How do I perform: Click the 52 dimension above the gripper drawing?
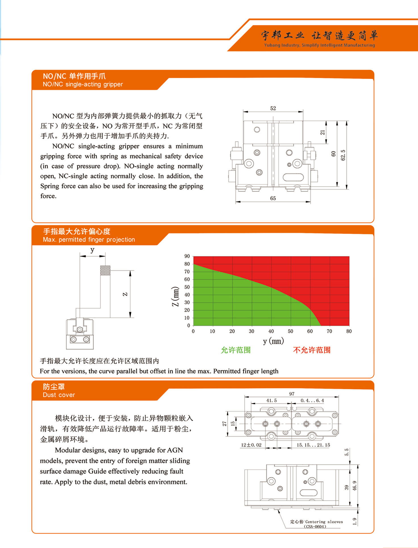coord(273,108)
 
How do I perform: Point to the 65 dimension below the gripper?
coord(273,198)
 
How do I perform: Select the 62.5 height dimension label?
coord(343,155)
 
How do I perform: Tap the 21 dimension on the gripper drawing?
coord(323,132)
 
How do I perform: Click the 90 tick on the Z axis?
coord(187,256)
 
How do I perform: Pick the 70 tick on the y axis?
coord(329,331)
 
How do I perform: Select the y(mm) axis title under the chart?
coord(273,341)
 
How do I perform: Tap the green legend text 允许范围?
coord(236,350)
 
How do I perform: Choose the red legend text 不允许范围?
coord(312,350)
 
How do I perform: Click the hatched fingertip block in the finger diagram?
coord(105,270)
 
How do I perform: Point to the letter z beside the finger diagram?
coord(125,294)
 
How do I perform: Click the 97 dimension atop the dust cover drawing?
coord(292,394)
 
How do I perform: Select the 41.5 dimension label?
coord(271,401)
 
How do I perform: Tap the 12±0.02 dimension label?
coord(251,445)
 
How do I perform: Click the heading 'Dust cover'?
coord(59,395)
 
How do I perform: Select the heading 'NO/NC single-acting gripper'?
coord(83,84)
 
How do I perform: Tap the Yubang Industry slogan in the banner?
coord(319,45)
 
